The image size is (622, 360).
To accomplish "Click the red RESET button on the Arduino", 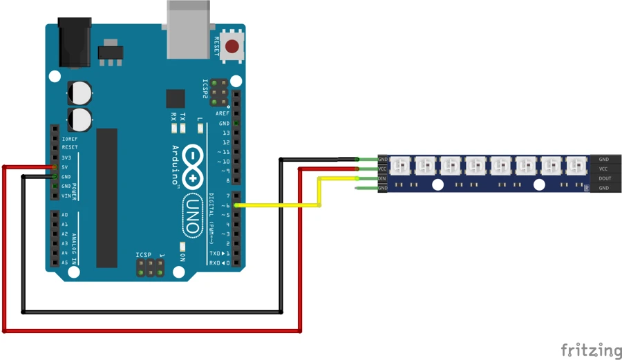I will click(232, 47).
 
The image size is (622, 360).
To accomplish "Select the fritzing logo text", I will click(591, 350).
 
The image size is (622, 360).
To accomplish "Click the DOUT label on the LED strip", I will click(604, 178).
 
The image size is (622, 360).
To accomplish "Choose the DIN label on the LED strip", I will click(382, 178).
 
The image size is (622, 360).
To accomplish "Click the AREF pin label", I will click(223, 113).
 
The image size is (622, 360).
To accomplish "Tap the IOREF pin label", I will click(70, 138).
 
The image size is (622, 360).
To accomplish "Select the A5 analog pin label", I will click(65, 263).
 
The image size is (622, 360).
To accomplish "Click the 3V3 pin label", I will click(66, 158).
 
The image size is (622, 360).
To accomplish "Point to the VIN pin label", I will click(66, 196).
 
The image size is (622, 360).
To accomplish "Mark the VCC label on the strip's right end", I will click(603, 169).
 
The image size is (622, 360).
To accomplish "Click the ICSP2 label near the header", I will click(205, 90).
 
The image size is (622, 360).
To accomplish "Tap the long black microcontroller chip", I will click(106, 197).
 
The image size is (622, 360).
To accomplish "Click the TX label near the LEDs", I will click(182, 117).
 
